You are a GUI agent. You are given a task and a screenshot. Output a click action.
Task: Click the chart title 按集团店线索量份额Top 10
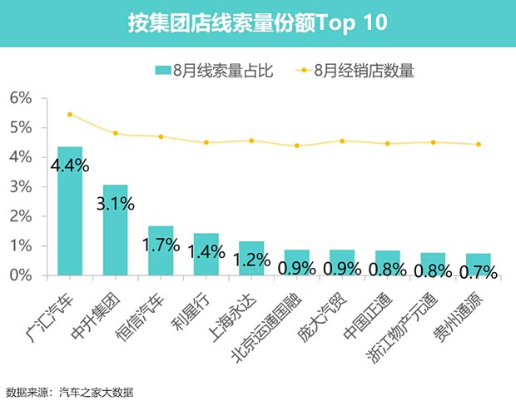[x=257, y=22]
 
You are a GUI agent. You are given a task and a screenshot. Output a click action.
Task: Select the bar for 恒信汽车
[x=161, y=250]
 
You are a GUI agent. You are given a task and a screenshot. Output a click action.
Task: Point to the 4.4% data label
[x=70, y=166]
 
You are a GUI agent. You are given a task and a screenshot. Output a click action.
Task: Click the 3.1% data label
[x=115, y=203]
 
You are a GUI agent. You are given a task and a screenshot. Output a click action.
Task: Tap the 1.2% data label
[x=251, y=259]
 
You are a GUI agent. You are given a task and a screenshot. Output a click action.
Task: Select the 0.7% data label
[x=478, y=271]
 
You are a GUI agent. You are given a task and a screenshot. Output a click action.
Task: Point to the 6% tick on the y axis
[x=20, y=98]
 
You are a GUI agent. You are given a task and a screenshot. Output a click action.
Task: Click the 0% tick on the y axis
[x=20, y=275]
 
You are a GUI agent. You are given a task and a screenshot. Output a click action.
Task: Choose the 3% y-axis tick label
[x=20, y=186]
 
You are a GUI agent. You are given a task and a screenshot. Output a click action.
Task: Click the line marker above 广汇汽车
[x=70, y=115]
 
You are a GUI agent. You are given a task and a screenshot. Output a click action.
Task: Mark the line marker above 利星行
[x=206, y=142]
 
